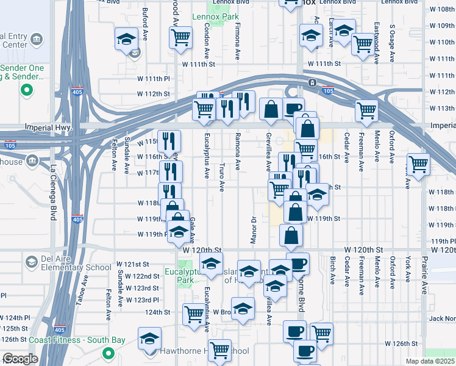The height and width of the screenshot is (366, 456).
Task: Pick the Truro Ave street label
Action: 222,176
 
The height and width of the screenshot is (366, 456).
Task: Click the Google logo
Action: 20,359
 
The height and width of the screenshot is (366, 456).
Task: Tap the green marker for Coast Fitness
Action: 109,353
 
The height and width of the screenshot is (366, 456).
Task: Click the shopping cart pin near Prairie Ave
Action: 418,163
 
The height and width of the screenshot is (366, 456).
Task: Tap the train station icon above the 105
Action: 312,82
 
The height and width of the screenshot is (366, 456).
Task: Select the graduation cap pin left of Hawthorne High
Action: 149,339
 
